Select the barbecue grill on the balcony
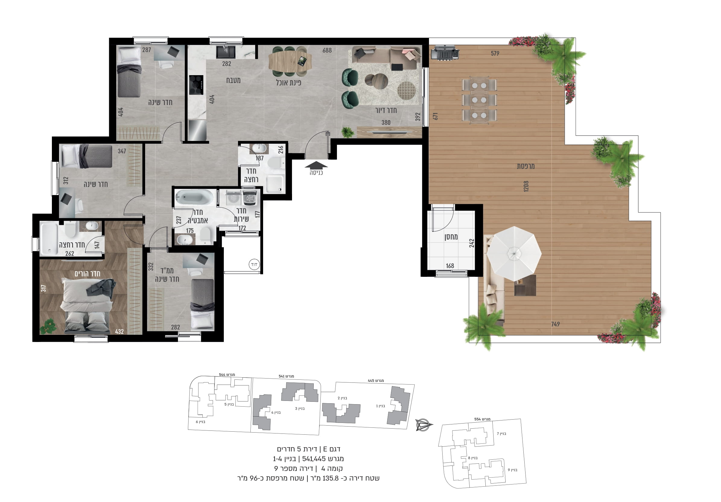pos(445,53)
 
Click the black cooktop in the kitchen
pos(196,85)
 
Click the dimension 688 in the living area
pos(327,50)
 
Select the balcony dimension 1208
pos(526,186)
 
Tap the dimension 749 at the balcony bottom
pos(555,324)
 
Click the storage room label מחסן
pos(451,237)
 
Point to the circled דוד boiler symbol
pos(254,264)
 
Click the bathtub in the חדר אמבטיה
pos(194,198)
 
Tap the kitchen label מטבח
pos(233,80)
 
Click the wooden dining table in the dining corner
pos(290,61)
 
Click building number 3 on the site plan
pos(300,409)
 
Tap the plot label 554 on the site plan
pos(482,419)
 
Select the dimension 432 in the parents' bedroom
pos(119,331)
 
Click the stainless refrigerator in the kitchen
pos(197,130)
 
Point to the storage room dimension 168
pos(450,266)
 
